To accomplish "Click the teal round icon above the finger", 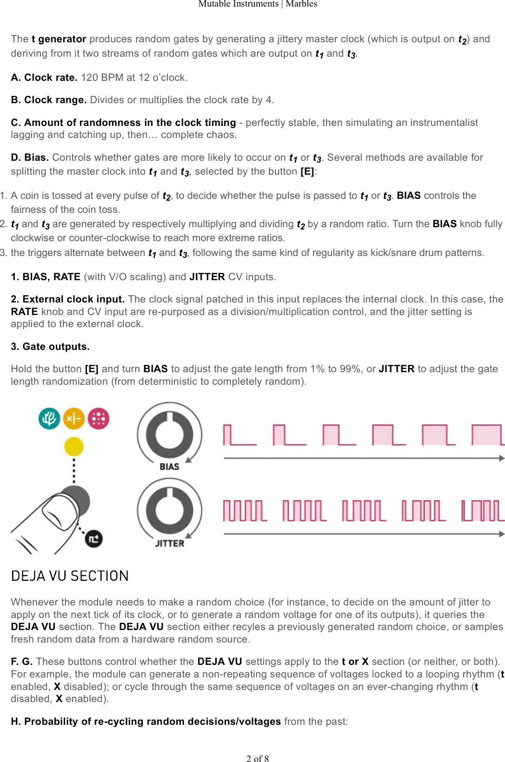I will coord(49,418).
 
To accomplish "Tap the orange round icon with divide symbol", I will coord(74,418).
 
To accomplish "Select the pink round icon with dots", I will coord(99,418).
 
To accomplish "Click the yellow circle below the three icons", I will coord(74,447).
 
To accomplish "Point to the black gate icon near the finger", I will coord(93,539).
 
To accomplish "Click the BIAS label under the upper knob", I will coord(169,466).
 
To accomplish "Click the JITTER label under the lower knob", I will coord(169,543).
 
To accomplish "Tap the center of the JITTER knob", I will coord(169,510).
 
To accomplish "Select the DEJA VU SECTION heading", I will coord(70,576).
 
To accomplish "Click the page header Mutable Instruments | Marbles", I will coord(258,4).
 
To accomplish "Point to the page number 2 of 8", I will coord(258,758).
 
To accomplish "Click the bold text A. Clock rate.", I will coord(44,78).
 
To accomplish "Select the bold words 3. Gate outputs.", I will coord(50,347).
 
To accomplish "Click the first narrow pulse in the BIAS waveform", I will coord(226,435).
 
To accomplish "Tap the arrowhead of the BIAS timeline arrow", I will coord(502,458).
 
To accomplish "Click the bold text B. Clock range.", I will coord(48,100).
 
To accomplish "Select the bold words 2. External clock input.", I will coord(68,299).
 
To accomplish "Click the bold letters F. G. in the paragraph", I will coord(21,662).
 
